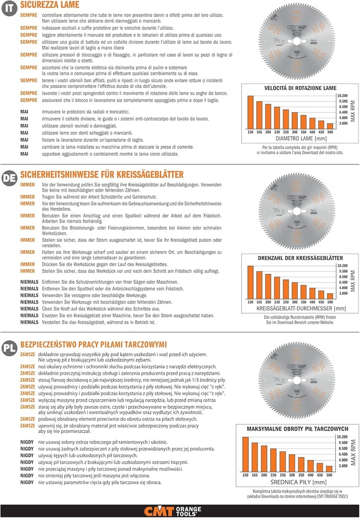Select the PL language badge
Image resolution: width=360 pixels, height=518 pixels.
(x=9, y=348)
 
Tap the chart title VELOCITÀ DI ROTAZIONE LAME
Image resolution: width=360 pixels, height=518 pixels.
(x=293, y=88)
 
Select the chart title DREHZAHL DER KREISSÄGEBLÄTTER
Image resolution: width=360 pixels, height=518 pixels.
(x=293, y=258)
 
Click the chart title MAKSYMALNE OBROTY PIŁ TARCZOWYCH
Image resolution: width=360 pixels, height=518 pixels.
(x=293, y=428)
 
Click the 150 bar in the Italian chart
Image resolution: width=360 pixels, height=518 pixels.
(x=250, y=112)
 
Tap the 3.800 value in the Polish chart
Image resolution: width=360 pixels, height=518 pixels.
(x=342, y=465)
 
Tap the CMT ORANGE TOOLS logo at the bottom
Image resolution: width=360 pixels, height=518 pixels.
(x=179, y=510)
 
